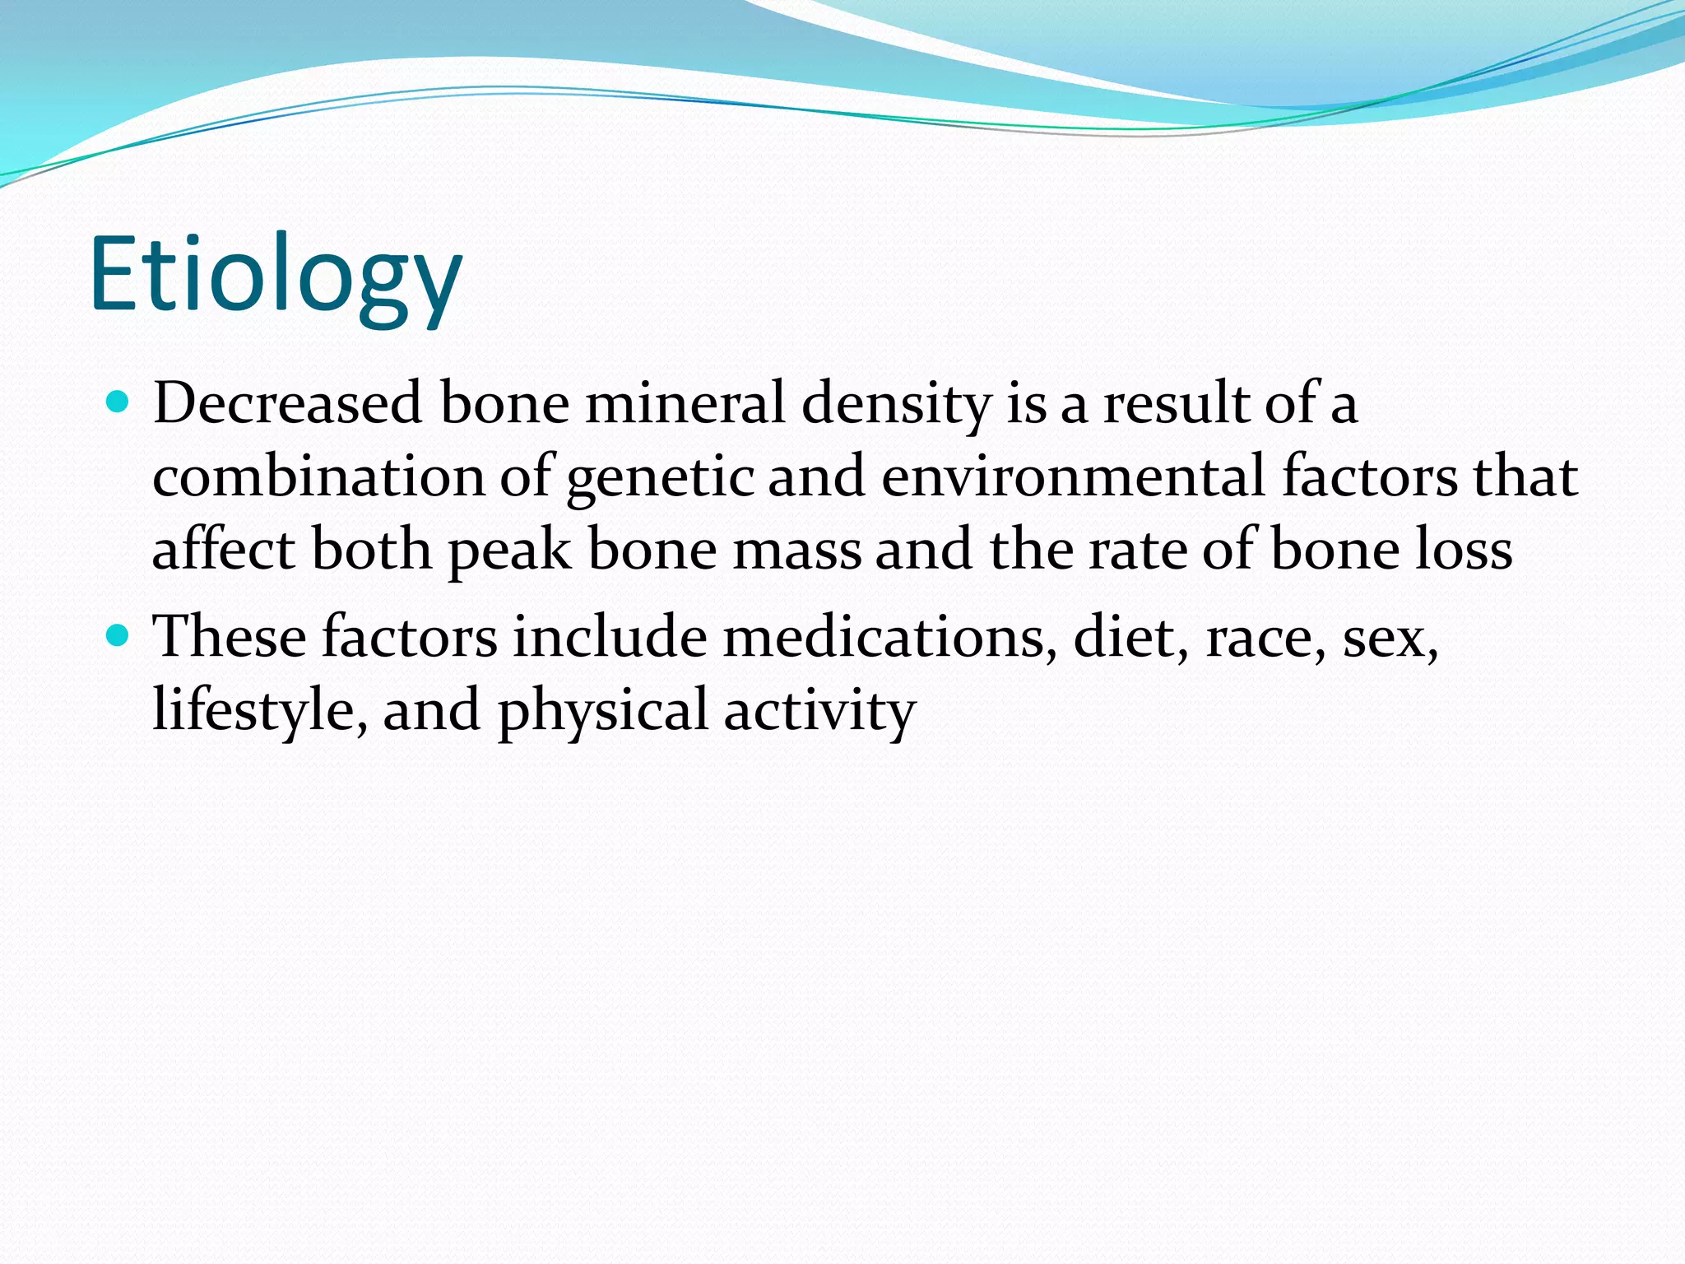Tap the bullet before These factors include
[x=119, y=636]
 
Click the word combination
[x=318, y=477]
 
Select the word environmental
[x=1073, y=477]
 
